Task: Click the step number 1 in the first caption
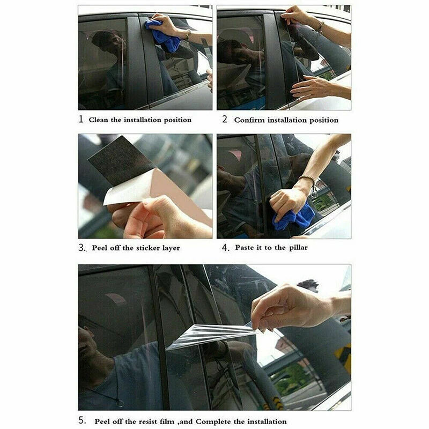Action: tap(81, 119)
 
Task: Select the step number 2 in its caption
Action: tap(225, 119)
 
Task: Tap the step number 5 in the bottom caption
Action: tap(82, 420)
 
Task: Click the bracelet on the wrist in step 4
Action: tap(307, 180)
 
